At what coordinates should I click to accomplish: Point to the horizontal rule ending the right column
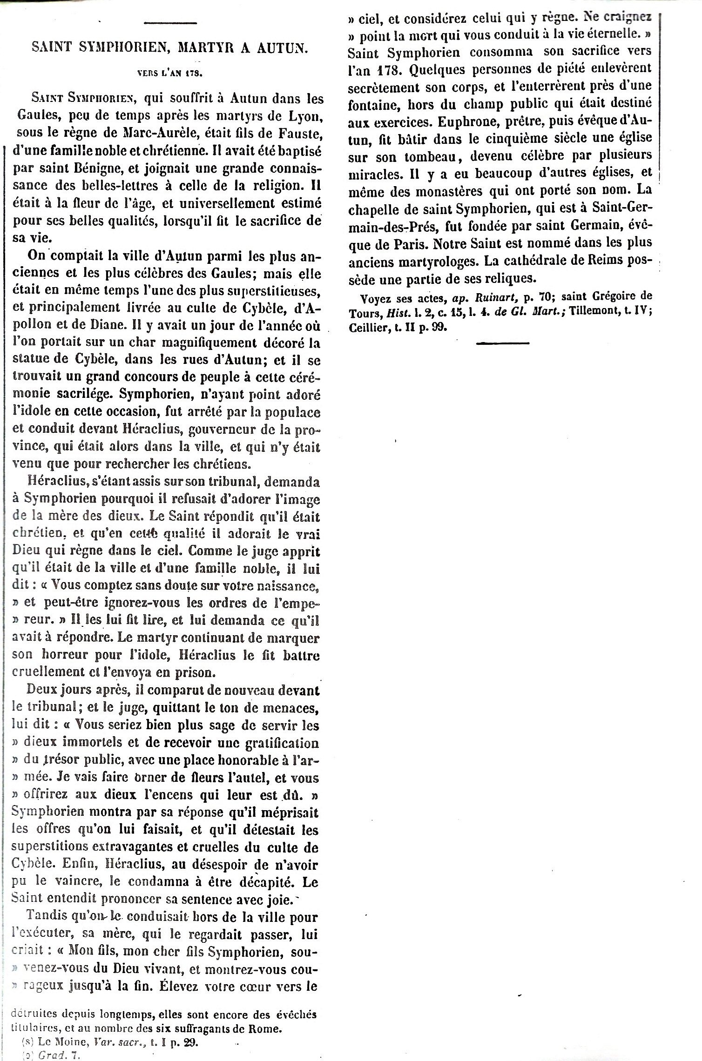click(503, 343)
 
